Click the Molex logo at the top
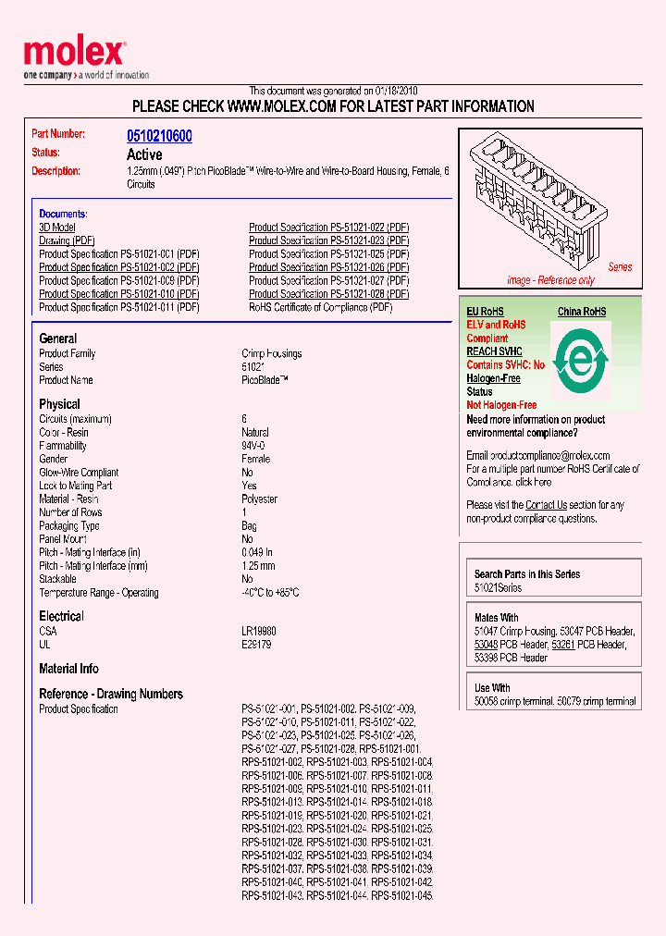pos(74,54)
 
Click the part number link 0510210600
pos(159,136)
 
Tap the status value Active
pos(144,154)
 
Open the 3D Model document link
pos(57,228)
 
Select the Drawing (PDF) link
pos(68,240)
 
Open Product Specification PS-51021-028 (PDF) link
pos(328,294)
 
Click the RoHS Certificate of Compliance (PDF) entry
pos(320,307)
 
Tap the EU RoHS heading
pos(485,312)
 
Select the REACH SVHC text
pos(494,351)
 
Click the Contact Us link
pos(546,505)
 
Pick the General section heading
pos(58,339)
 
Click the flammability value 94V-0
pos(255,446)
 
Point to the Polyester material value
pos(259,499)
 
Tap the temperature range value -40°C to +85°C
pos(270,593)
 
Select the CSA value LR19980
pos(259,631)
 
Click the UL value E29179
pos(256,645)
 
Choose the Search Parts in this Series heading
pos(527,574)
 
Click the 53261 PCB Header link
pos(562,645)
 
